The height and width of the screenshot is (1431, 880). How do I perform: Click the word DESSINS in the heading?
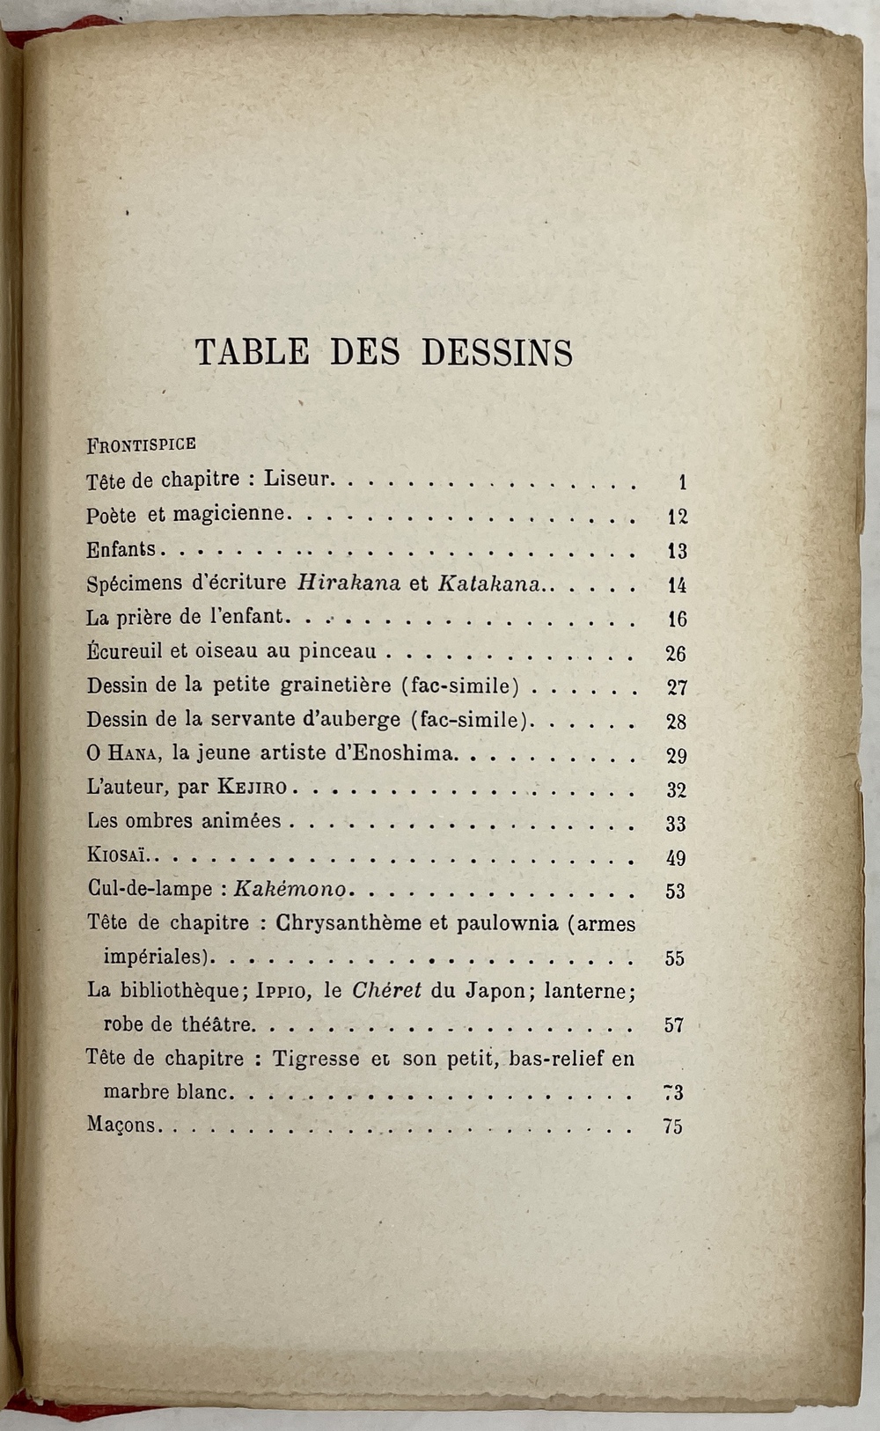pyautogui.click(x=497, y=352)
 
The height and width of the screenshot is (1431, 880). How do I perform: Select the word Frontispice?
pyautogui.click(x=141, y=444)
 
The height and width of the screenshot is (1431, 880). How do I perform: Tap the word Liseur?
pyautogui.click(x=299, y=481)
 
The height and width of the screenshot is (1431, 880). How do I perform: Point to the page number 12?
pyautogui.click(x=677, y=517)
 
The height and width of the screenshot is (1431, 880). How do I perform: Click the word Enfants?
pyautogui.click(x=121, y=550)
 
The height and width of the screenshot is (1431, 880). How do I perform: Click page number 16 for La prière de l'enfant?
pyautogui.click(x=676, y=619)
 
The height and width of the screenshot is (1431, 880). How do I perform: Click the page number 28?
pyautogui.click(x=676, y=722)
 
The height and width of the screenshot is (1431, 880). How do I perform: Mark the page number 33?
pyautogui.click(x=676, y=824)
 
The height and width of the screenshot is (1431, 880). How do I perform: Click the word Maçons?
pyautogui.click(x=121, y=1126)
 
